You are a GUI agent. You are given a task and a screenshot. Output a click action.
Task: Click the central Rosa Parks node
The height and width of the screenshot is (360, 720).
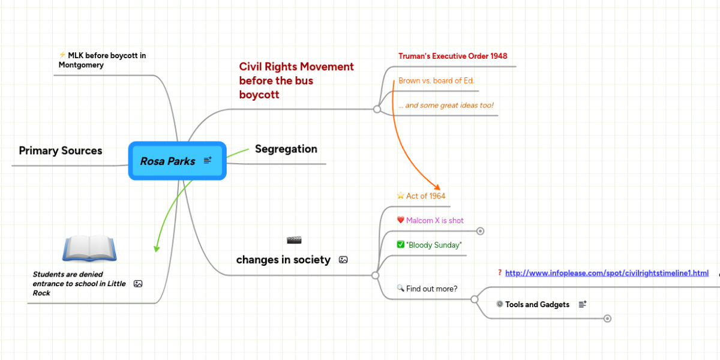(x=168, y=161)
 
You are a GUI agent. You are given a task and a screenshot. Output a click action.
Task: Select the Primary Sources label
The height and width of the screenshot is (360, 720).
(x=61, y=151)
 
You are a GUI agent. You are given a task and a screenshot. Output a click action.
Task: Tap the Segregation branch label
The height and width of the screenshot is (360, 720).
(x=286, y=149)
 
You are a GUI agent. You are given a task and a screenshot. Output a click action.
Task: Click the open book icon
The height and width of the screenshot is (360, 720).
(x=89, y=248)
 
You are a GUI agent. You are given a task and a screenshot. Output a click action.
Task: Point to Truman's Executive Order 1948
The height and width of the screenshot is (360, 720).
(x=452, y=56)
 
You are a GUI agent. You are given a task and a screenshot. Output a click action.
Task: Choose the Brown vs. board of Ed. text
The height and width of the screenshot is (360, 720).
(x=436, y=80)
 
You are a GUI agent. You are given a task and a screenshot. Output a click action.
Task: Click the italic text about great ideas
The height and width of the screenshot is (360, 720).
(x=446, y=106)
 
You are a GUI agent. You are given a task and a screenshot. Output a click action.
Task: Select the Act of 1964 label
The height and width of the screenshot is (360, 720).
(x=425, y=196)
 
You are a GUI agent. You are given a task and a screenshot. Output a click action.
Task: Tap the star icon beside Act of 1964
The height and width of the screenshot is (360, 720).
(x=401, y=196)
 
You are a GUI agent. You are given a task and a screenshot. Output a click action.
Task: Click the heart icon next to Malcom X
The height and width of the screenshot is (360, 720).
(x=401, y=220)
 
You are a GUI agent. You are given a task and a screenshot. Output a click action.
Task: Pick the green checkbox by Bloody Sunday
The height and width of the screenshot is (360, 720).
(x=401, y=245)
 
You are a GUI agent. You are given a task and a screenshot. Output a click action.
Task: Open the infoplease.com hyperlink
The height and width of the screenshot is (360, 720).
(x=607, y=273)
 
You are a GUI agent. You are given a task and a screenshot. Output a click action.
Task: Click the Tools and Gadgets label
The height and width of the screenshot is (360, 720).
(x=537, y=304)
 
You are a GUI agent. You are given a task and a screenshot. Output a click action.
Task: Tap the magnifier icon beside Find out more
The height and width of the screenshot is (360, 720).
(x=401, y=288)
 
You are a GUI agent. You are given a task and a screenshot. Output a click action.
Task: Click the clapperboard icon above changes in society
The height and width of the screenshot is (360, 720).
(x=294, y=241)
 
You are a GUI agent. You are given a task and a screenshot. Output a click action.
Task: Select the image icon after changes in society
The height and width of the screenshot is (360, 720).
(x=343, y=260)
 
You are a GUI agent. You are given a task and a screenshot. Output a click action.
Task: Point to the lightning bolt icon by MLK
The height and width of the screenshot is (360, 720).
(x=62, y=55)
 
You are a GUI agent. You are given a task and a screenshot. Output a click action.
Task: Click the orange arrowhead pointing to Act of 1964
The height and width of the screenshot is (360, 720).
(x=436, y=187)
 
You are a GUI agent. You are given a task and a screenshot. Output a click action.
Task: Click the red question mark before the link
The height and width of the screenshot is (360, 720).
(x=500, y=273)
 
